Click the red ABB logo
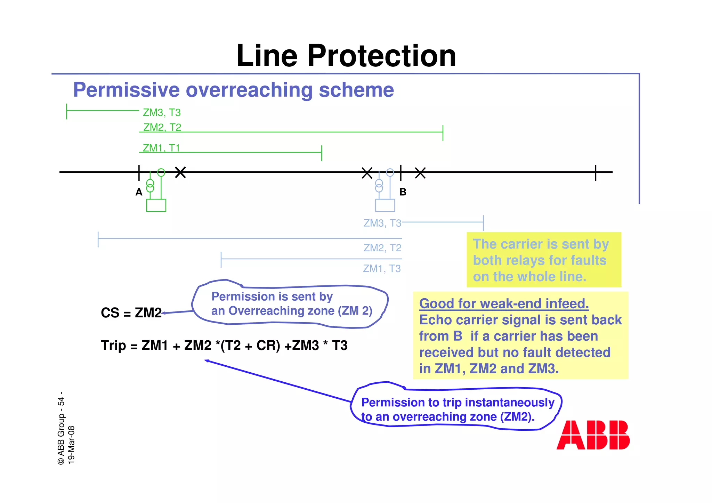coord(593,435)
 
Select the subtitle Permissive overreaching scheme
coord(233,90)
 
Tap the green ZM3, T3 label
coord(162,113)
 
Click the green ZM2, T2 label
coord(162,127)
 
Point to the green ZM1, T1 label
coord(161,148)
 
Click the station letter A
coord(139,192)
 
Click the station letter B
coord(403,192)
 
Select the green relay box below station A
coord(156,205)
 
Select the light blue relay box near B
coord(385,205)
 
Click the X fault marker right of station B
coord(420,173)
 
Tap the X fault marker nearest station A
coord(180,172)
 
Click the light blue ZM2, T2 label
coord(382,248)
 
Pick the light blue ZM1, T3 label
coord(382,269)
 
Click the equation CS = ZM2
coord(131,313)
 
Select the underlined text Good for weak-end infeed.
coord(504,303)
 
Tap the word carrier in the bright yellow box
coord(522,244)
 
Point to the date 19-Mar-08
coord(71,445)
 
